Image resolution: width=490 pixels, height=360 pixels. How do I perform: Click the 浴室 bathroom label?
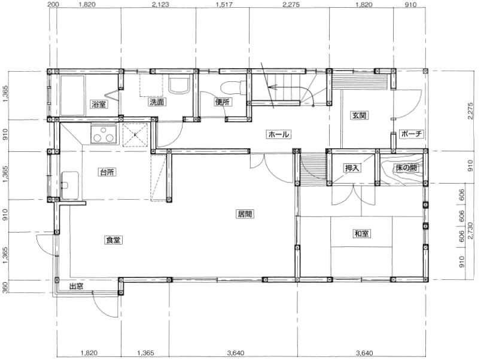99,104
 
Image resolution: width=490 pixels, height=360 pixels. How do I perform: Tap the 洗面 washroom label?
157,102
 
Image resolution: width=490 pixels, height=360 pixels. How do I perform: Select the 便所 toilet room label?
223,102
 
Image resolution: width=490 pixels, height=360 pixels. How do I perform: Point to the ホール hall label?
278,135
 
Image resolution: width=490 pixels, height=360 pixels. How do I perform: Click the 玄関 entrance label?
359,115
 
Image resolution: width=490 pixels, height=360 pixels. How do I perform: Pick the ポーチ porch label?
411,134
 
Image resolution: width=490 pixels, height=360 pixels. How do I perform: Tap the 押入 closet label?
352,168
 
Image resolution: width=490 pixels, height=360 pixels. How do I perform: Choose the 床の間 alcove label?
406,168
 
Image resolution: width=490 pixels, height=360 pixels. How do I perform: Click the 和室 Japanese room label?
361,233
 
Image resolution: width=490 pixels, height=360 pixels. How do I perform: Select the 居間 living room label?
245,214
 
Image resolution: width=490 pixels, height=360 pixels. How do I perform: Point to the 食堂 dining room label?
113,240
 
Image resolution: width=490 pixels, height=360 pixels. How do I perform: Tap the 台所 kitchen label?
107,172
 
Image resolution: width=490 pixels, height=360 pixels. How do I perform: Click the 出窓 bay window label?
76,286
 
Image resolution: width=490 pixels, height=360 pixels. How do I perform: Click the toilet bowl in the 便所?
230,88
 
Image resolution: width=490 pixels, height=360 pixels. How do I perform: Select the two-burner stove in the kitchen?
104,133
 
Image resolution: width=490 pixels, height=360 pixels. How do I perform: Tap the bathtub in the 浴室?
72,95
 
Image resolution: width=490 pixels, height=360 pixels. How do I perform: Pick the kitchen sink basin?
69,185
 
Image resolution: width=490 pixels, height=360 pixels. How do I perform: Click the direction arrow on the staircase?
274,87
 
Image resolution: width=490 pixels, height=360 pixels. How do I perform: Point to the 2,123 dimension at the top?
160,4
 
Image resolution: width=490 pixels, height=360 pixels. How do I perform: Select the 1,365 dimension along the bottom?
145,353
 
